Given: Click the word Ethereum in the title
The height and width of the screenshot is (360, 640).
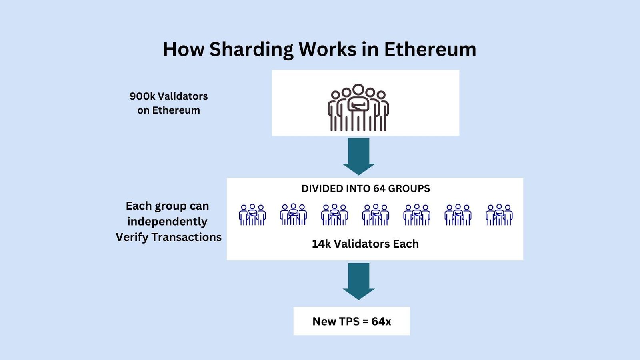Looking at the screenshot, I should (x=430, y=50).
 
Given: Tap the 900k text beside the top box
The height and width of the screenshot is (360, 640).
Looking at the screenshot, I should (x=142, y=96).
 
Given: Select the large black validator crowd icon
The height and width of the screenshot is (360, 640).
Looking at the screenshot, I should (x=358, y=107).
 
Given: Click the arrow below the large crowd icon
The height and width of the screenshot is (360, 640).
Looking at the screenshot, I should (x=358, y=156).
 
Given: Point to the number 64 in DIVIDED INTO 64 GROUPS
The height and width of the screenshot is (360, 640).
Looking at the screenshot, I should (x=379, y=189).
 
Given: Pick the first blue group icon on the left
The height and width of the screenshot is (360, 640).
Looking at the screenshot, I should (x=252, y=215).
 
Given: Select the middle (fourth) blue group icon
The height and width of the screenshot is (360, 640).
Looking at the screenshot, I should (x=376, y=215).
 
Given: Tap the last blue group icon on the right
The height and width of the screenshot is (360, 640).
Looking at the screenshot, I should (x=499, y=215).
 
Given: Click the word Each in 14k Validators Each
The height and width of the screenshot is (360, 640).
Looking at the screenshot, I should (x=406, y=244).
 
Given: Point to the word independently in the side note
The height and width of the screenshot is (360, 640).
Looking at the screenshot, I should (x=167, y=222).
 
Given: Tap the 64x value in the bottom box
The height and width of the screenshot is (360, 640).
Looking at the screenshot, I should (x=381, y=322).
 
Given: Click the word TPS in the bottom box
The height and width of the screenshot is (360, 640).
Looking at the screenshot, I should (x=349, y=322).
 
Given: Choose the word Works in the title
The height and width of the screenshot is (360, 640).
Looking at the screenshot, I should (x=327, y=50).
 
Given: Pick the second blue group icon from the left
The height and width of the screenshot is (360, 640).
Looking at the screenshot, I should (x=293, y=215).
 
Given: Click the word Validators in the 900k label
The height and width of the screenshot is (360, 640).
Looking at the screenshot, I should (x=183, y=96).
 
